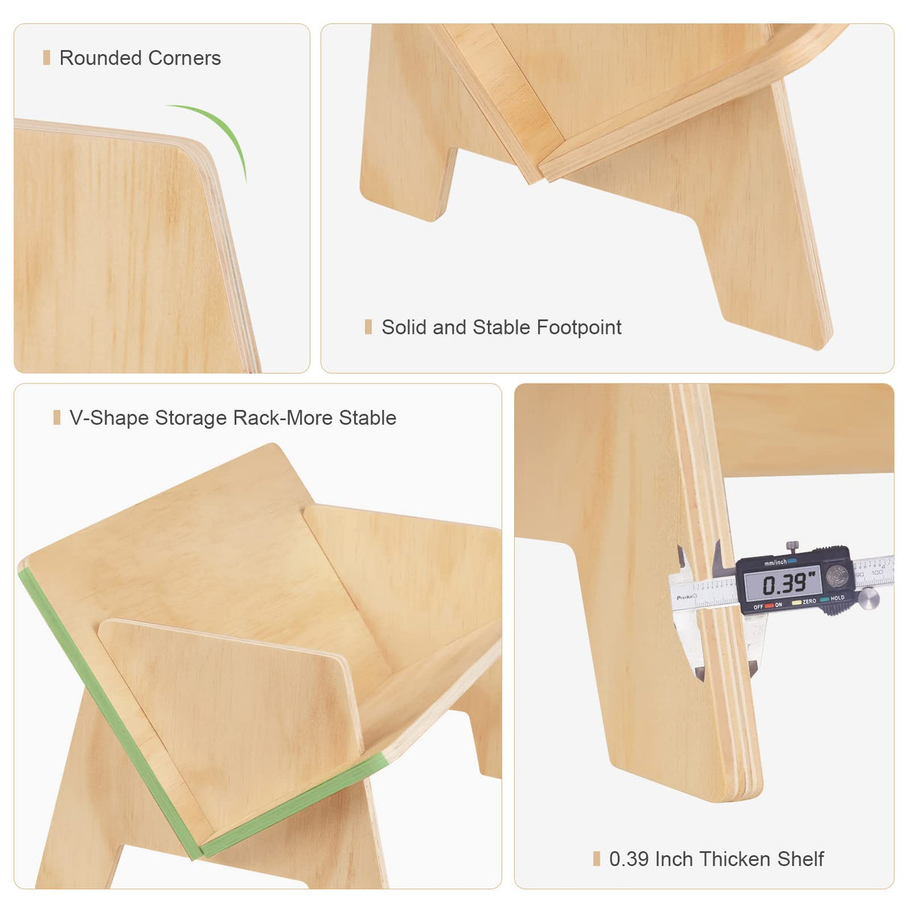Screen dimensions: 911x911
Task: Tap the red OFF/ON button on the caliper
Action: (x=768, y=605)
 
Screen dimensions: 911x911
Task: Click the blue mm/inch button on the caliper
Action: (x=792, y=561)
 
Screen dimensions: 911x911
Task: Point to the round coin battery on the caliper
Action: (x=836, y=576)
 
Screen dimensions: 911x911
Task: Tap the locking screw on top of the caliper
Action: (x=790, y=546)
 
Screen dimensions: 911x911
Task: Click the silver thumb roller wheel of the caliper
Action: (x=868, y=597)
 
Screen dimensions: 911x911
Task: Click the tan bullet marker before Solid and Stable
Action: (x=368, y=326)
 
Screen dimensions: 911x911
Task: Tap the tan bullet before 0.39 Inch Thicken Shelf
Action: (x=597, y=858)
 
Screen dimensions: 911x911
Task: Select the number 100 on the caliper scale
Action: (x=876, y=573)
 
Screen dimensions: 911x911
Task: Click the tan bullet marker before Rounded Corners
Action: (x=47, y=58)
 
